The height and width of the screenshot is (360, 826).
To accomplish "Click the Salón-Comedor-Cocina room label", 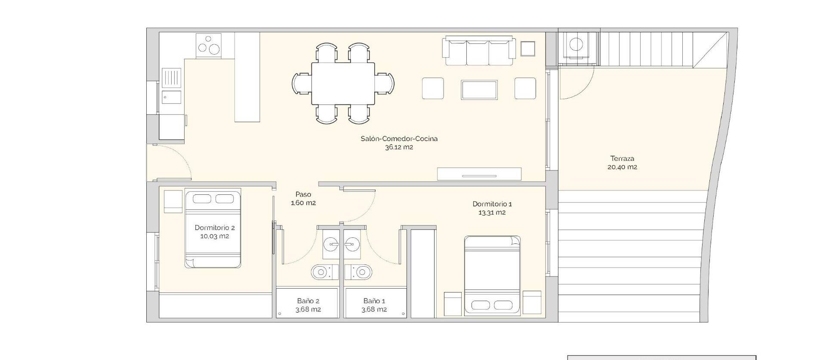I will (x=399, y=138).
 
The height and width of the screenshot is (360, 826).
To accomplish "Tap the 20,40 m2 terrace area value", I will (x=622, y=167).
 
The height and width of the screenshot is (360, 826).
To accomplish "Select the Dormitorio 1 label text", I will (x=492, y=204).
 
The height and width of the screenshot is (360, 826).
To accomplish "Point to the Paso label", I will (x=303, y=194).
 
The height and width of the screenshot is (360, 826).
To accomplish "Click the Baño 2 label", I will (x=308, y=301).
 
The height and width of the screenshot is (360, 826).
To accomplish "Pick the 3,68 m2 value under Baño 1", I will (x=374, y=310).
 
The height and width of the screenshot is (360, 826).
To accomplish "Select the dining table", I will (x=343, y=83).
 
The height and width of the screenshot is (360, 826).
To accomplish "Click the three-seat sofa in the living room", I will (x=479, y=52).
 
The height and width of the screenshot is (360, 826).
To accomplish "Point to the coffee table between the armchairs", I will (x=479, y=89).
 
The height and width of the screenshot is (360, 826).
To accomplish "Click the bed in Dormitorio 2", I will (x=213, y=229).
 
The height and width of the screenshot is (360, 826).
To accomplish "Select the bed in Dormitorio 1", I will (x=492, y=275).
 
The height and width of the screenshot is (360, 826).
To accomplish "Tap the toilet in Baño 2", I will (x=321, y=272).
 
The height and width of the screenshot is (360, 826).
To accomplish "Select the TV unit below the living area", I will (x=479, y=174).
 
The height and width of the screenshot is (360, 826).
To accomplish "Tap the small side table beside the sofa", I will (x=527, y=49).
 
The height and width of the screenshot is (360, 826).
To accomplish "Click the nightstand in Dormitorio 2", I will (x=173, y=201).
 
